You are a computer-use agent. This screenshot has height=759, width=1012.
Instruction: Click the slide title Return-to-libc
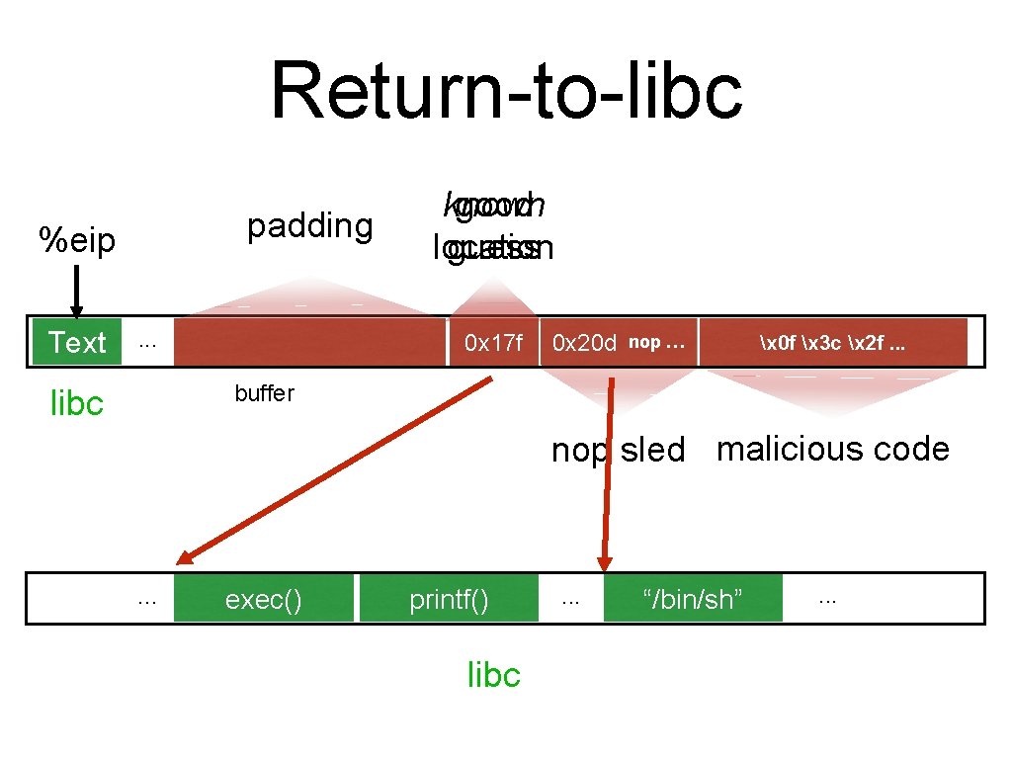[506, 91]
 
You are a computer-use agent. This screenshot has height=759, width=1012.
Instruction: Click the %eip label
[76, 240]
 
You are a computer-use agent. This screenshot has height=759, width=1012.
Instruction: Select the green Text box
[77, 342]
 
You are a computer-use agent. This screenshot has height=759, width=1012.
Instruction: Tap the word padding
[309, 226]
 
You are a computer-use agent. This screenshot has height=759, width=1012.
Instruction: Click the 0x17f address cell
[493, 343]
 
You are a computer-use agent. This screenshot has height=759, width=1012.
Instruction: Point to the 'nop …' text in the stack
[656, 342]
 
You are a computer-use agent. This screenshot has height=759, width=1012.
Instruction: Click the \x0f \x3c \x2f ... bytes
[832, 342]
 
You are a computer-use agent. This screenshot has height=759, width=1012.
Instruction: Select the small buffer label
[264, 393]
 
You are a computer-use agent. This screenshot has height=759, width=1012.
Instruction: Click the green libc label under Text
[77, 403]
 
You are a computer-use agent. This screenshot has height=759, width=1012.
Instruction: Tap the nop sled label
[618, 450]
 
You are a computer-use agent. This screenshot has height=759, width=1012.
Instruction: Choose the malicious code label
[832, 449]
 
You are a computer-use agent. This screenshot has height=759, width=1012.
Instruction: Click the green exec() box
[263, 599]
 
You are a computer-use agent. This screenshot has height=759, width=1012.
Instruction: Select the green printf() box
[449, 599]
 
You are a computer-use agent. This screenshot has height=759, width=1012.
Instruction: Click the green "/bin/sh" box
[693, 599]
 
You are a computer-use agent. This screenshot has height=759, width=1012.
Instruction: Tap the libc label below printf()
[493, 675]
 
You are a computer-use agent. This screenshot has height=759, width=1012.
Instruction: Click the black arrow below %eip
[77, 292]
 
